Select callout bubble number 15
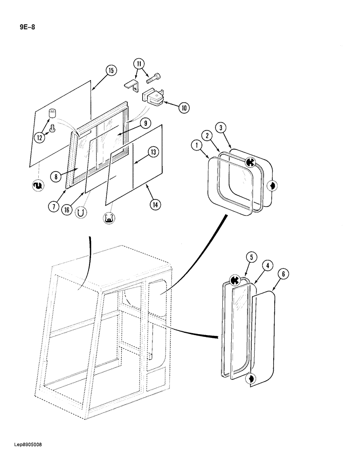click(x=111, y=71)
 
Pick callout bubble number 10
click(x=184, y=108)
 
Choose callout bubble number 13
click(x=152, y=151)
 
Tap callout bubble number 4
click(x=267, y=266)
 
